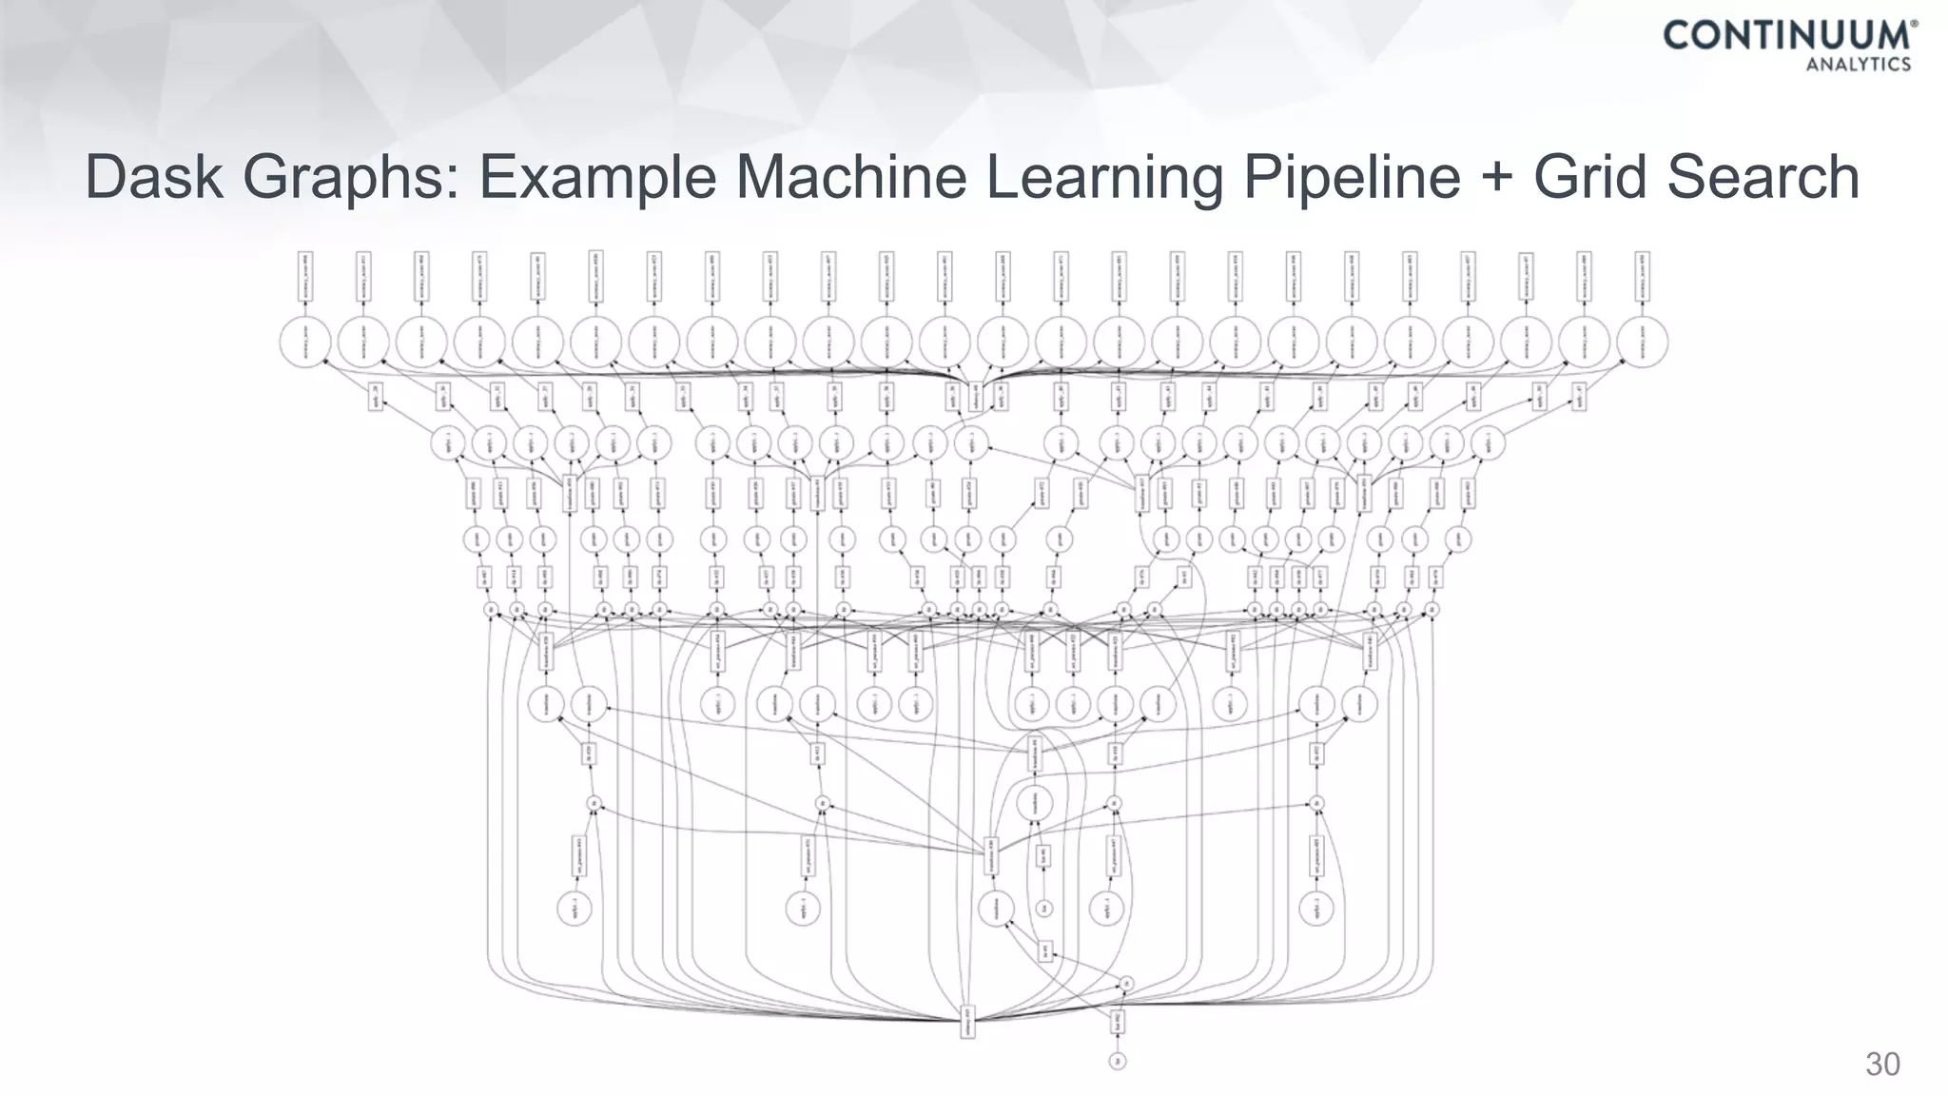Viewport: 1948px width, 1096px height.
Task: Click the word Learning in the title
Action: point(1103,178)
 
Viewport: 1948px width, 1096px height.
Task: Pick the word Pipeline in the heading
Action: point(1351,178)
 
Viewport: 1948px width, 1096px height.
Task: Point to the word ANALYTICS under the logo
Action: point(1858,65)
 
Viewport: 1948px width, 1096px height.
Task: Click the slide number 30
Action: point(1882,1064)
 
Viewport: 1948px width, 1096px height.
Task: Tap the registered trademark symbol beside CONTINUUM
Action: point(1914,26)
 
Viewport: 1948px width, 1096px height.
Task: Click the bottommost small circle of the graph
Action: point(1119,1061)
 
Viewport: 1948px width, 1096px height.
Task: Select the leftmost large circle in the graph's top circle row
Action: point(305,341)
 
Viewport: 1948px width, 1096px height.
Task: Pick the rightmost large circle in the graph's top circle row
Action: point(1643,341)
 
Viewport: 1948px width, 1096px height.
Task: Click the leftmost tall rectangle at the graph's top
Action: point(305,276)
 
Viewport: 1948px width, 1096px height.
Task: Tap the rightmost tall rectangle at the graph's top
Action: point(1643,276)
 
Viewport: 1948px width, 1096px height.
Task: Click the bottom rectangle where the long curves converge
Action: point(967,1023)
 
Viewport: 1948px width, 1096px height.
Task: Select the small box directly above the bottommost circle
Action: point(1119,1023)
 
